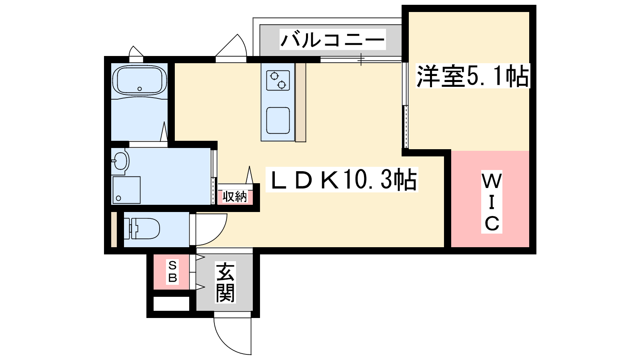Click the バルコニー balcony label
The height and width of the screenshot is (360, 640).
[x=332, y=40]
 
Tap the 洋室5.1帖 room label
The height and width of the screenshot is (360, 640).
[x=472, y=76]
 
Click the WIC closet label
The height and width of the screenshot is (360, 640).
[x=492, y=202]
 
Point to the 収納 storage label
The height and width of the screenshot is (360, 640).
[x=235, y=197]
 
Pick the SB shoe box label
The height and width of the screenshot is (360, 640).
[x=172, y=272]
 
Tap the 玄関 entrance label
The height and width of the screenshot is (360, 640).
[x=225, y=282]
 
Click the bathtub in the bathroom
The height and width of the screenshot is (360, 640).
[x=139, y=80]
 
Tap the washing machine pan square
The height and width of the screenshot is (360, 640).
[x=126, y=190]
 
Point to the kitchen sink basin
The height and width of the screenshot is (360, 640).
[x=278, y=120]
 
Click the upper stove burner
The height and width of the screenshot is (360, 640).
[x=274, y=76]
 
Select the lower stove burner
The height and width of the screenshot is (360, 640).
[x=282, y=84]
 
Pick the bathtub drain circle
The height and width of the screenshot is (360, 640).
[x=140, y=89]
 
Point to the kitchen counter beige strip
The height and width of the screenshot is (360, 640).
[x=300, y=102]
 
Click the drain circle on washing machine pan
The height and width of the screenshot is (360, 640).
[x=118, y=198]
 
